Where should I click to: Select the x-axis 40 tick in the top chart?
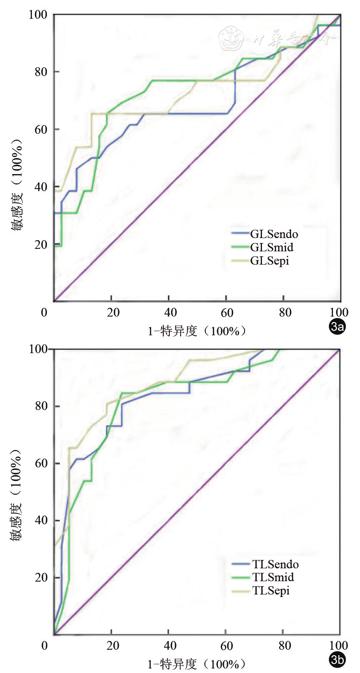[170, 312]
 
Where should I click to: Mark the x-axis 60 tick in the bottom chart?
[227, 646]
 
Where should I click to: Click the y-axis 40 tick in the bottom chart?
[41, 521]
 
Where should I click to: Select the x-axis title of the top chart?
[197, 331]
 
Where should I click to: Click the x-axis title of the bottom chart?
[197, 664]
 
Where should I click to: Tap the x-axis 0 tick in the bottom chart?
[44, 646]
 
